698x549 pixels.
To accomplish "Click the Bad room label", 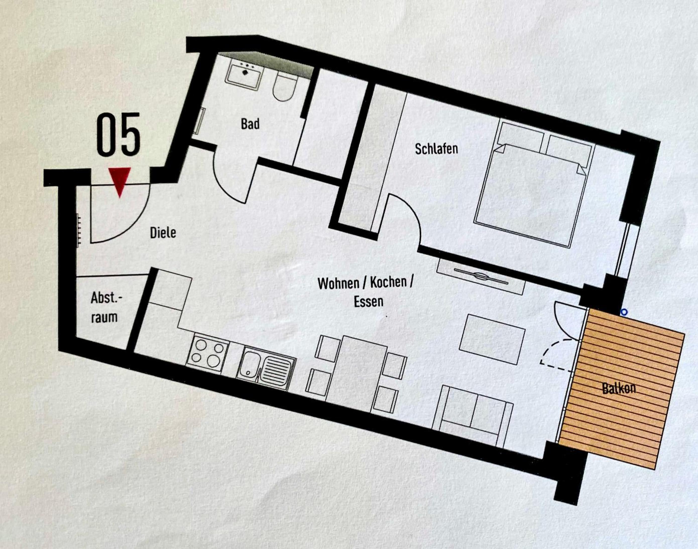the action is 250,124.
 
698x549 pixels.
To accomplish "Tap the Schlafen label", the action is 436,149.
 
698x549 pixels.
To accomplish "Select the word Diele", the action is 163,233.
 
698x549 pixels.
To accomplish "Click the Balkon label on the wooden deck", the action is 619,389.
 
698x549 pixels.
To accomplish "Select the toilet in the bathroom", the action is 285,85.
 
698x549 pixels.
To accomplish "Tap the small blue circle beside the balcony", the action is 624,312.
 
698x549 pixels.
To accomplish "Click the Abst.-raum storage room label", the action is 105,307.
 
